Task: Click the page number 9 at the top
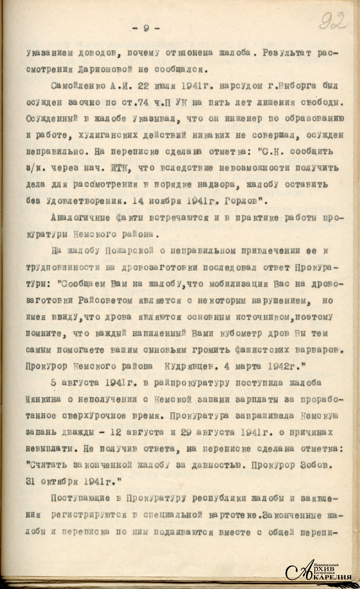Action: (146, 28)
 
